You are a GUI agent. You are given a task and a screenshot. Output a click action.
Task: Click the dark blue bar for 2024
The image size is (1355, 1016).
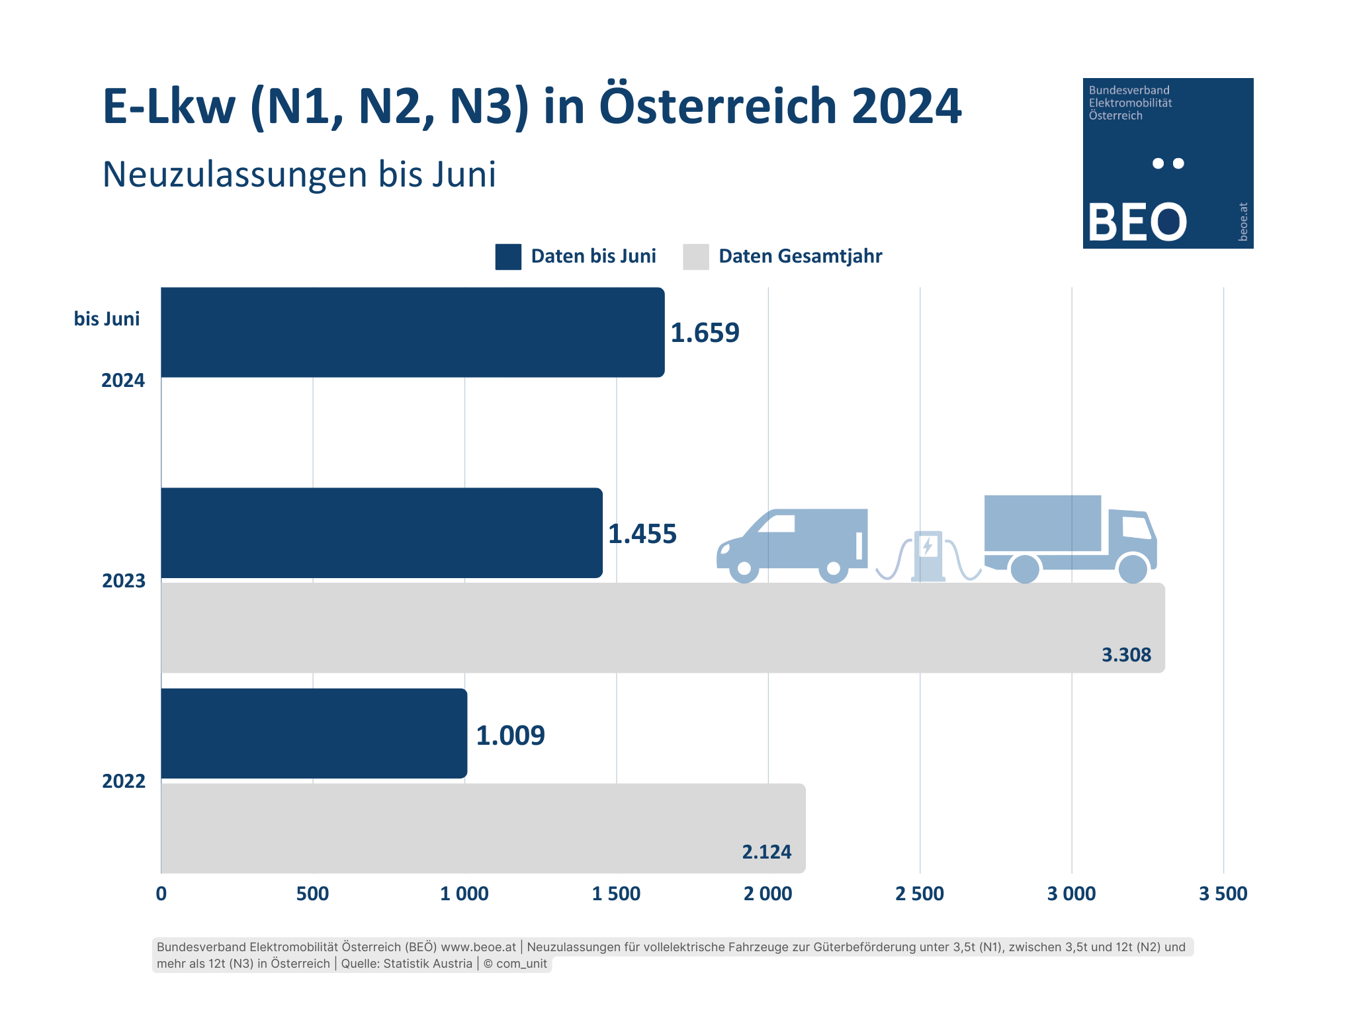pos(412,332)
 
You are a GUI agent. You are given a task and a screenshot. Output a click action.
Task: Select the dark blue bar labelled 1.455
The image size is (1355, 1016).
pos(382,533)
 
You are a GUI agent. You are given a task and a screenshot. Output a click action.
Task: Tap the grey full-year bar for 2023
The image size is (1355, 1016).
pos(662,628)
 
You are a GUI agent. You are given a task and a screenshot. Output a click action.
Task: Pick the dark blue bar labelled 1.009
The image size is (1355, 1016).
pos(314,734)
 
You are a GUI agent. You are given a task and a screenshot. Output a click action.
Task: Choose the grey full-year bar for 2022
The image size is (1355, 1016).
pos(483,828)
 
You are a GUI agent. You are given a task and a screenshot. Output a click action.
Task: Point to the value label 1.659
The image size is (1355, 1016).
pos(705,333)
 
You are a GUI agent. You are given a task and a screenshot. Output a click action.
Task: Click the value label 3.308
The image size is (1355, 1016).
pos(1126,655)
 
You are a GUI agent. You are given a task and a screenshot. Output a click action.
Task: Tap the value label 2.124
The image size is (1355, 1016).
pos(766,851)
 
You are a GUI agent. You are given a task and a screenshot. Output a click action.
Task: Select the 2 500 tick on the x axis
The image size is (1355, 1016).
pos(919,894)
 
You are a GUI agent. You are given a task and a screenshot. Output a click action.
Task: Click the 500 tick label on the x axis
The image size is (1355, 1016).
pos(312,894)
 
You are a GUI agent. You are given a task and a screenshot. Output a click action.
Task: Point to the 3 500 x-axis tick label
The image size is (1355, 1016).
pos(1223,894)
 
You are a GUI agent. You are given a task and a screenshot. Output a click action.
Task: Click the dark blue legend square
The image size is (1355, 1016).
pos(508,257)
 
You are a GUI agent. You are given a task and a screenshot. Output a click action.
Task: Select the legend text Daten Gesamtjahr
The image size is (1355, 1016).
pos(800,256)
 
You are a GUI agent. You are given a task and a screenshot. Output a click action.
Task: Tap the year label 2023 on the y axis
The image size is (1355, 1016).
pos(124,581)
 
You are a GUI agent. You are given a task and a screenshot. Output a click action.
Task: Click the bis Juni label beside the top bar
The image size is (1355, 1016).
pos(107,319)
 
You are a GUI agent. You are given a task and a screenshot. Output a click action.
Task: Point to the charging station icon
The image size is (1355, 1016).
pos(928,556)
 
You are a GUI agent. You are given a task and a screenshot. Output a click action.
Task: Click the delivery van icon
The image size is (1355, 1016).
pos(793,544)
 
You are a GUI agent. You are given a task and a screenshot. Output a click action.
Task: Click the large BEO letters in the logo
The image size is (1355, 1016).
pos(1137,222)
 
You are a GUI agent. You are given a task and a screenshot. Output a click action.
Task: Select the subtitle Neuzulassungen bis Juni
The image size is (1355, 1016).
pos(299,175)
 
